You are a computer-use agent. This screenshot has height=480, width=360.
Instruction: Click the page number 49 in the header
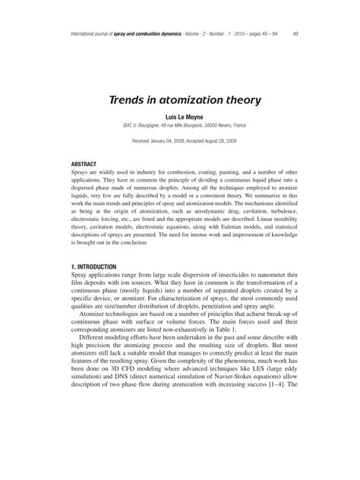tap(295, 34)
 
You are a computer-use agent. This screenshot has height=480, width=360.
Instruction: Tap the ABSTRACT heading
tap(84, 164)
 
